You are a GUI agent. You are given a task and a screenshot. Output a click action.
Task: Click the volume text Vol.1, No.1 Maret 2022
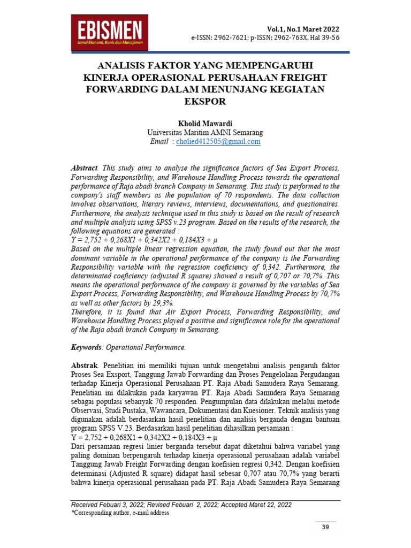click(x=303, y=29)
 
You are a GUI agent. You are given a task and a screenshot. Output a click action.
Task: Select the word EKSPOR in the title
click(x=205, y=101)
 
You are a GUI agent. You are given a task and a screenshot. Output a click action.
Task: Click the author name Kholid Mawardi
click(x=205, y=123)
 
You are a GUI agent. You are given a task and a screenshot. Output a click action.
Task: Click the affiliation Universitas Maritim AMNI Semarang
click(x=205, y=132)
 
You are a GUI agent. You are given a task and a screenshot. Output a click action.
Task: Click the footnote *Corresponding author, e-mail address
click(x=120, y=513)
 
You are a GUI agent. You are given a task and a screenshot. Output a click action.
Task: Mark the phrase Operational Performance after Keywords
click(x=146, y=347)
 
